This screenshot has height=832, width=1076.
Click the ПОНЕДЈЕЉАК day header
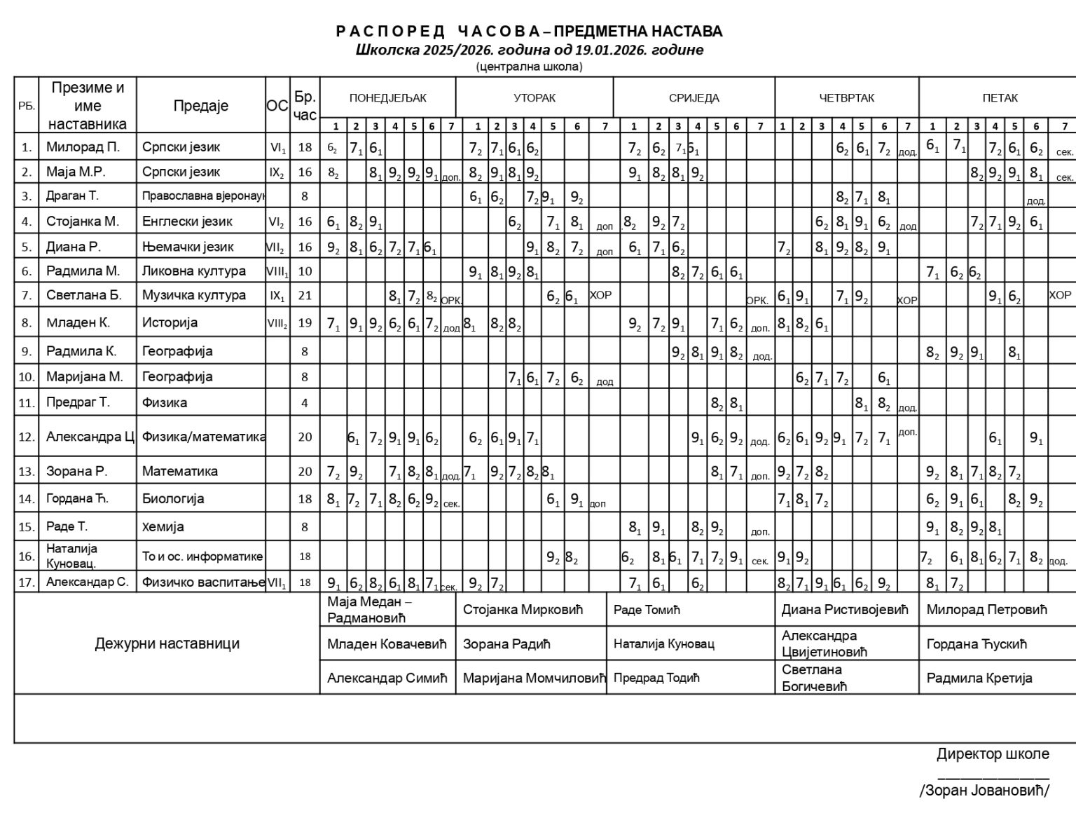click(387, 98)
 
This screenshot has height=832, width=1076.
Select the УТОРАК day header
click(534, 98)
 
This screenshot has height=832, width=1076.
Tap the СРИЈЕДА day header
click(694, 98)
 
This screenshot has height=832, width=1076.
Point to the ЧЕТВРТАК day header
click(846, 98)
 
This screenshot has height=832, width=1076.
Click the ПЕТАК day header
click(1000, 98)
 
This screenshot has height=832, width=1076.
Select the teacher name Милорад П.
click(83, 147)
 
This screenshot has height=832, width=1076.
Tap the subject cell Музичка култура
click(194, 295)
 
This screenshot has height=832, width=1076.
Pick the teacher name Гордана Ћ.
click(77, 499)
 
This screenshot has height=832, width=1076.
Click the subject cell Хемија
click(163, 527)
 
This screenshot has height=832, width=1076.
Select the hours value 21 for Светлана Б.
click(305, 295)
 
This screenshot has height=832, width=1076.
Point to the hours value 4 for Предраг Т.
click(305, 403)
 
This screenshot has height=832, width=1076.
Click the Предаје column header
click(201, 106)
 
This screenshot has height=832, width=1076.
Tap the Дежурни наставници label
click(167, 643)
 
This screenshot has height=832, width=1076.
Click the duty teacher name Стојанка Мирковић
click(523, 610)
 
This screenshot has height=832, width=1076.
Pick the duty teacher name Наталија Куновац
click(664, 643)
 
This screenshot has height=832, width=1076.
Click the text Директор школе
click(993, 754)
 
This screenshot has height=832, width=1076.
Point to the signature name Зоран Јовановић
click(984, 791)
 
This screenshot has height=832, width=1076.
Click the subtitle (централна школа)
click(529, 67)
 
